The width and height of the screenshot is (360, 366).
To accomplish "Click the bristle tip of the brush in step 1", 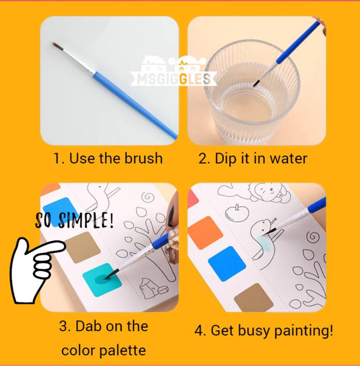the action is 53,44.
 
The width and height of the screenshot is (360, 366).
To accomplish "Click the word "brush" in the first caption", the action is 143,158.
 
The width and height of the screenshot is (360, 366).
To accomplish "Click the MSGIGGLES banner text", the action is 174,79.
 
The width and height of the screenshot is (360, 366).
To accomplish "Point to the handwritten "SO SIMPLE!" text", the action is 74,220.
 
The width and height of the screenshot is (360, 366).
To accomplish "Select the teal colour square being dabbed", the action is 102,280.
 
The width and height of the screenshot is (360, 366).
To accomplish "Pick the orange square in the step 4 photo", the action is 205,233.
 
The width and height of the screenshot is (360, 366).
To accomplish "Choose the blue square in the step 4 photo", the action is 227,263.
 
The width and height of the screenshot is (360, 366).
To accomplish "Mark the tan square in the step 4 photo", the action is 254,297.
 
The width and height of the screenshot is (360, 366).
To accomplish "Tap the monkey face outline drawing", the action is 267,191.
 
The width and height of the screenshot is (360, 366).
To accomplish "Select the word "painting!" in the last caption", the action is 303,331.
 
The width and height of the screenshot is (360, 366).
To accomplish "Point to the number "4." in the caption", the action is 200,331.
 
